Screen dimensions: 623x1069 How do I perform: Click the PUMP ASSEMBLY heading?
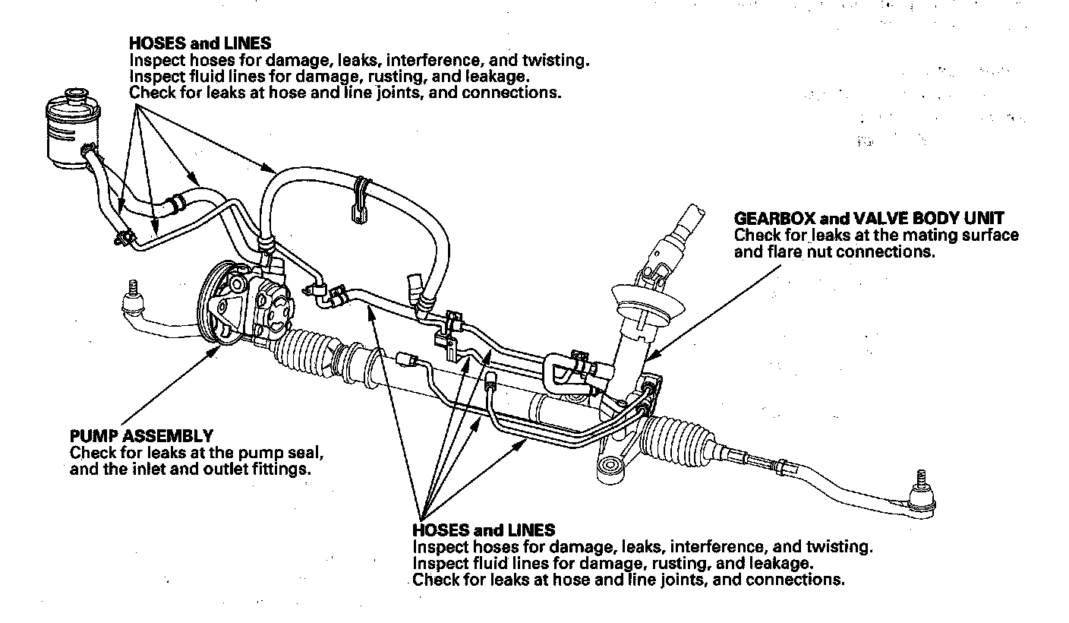click(x=141, y=436)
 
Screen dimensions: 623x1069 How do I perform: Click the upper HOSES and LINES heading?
click(x=200, y=43)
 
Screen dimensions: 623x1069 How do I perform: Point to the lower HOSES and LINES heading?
click(x=484, y=530)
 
